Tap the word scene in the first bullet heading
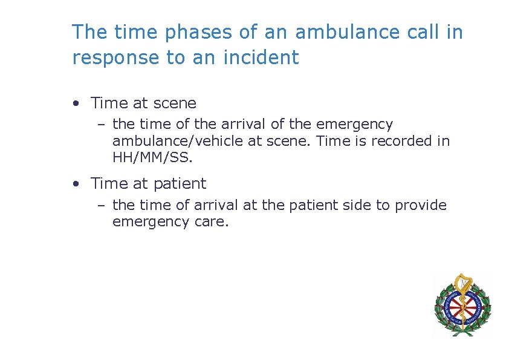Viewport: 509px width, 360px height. (175, 103)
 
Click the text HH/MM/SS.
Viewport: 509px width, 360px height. (151, 158)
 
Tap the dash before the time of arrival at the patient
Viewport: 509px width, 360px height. (102, 206)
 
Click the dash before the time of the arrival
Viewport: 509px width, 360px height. (102, 125)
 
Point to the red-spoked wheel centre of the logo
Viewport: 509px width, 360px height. (462, 306)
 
